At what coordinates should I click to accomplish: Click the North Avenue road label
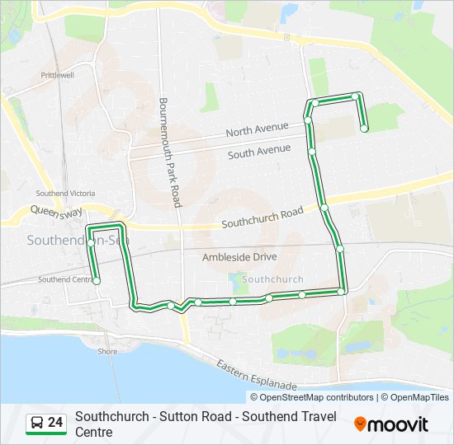pos(257,129)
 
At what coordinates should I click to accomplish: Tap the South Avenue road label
pos(259,152)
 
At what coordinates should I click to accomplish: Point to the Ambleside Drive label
pos(239,257)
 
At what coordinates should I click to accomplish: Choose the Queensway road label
pos(57,212)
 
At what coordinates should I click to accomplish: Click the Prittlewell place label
pos(57,75)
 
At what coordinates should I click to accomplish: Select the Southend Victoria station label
pos(65,194)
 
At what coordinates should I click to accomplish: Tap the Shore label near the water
pos(107,351)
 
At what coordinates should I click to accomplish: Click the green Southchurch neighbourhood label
pos(273,279)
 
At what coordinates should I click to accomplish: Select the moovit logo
pos(391,424)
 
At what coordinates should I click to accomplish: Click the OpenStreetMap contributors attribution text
pos(312,397)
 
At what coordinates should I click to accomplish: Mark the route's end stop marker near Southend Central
pos(97,281)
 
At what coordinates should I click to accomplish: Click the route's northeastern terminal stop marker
pos(364,128)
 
